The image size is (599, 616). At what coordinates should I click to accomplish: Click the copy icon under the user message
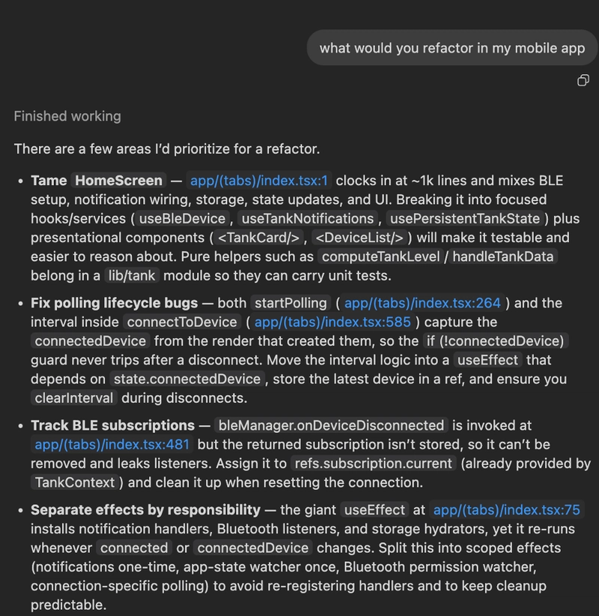583,81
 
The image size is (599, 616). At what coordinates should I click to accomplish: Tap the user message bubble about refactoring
451,48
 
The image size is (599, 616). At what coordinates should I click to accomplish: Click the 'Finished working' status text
67,116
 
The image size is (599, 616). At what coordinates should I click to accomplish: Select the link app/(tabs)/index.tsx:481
112,444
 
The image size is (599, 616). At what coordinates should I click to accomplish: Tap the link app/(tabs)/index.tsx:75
507,510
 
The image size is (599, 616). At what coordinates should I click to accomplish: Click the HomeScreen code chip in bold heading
118,181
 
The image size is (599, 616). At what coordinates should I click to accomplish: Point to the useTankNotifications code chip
307,219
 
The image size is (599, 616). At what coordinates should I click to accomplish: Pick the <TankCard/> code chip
258,238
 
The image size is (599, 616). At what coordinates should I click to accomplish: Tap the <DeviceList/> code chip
359,238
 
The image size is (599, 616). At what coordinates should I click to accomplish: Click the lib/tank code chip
131,275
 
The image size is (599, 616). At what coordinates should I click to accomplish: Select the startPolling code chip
291,303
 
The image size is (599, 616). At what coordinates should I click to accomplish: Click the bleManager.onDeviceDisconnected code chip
330,425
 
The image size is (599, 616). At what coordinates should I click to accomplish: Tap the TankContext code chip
75,482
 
